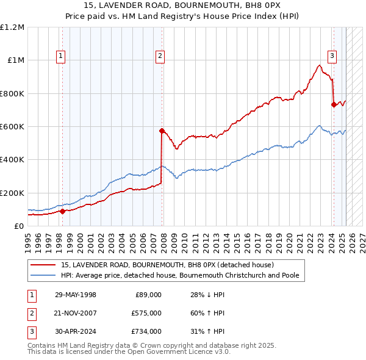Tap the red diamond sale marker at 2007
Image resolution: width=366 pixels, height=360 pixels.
(x=162, y=131)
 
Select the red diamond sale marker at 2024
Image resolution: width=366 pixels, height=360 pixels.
(x=334, y=104)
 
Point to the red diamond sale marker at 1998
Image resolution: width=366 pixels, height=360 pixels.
(x=62, y=211)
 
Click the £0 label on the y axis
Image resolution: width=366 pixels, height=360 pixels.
(x=18, y=226)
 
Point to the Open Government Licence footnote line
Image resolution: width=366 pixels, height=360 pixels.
(x=129, y=352)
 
